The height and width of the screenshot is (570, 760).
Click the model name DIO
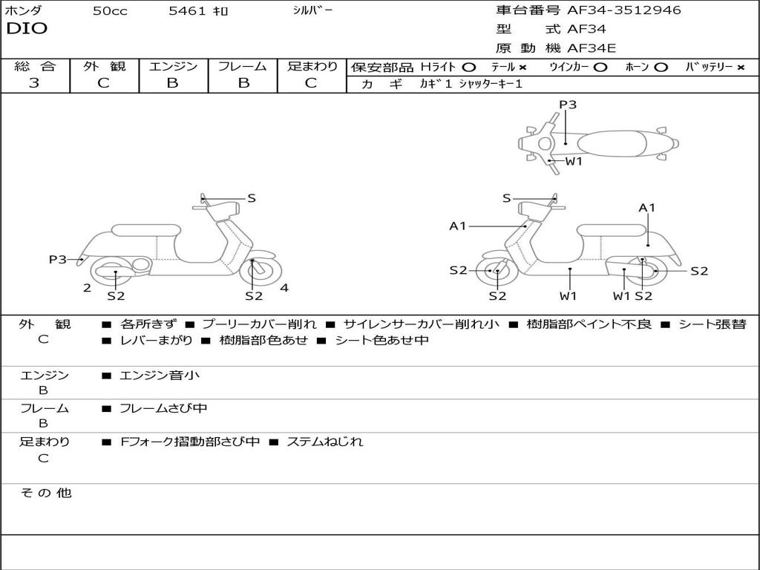tap(27, 29)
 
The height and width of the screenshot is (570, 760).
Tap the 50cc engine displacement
tap(110, 11)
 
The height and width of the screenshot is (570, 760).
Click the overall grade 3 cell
tap(34, 83)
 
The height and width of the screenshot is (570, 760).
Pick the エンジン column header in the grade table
tap(173, 67)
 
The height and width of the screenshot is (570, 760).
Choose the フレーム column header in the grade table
tap(243, 67)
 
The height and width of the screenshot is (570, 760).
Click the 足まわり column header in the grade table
tap(312, 67)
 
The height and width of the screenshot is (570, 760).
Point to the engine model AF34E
tap(592, 48)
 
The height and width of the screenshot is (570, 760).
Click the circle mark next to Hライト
tap(469, 67)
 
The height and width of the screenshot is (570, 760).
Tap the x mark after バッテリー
tap(740, 67)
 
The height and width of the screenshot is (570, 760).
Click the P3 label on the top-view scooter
tap(568, 105)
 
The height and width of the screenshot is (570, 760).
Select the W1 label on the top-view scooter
tap(574, 161)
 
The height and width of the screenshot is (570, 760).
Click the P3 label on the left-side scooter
tap(58, 259)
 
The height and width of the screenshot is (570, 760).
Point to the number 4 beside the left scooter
tap(284, 288)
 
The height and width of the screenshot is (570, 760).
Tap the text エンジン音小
tap(160, 376)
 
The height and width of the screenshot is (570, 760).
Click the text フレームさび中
tap(163, 408)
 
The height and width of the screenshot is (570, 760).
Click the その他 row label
tap(45, 493)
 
